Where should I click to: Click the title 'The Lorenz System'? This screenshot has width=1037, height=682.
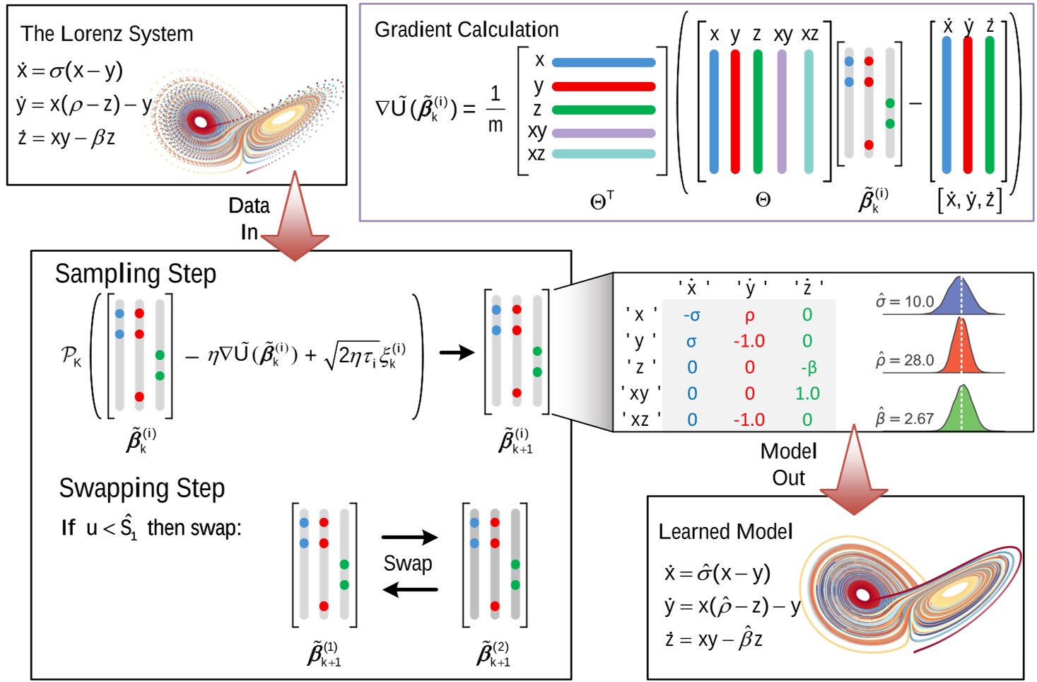[x=107, y=33]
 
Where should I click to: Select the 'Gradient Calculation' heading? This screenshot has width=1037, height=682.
[x=466, y=29]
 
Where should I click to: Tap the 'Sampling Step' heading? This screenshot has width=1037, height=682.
[x=135, y=274]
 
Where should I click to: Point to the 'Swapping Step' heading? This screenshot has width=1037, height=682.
[x=141, y=488]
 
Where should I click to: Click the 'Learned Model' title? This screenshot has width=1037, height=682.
[x=725, y=531]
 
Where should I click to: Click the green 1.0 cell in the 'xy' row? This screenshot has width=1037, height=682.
[x=807, y=393]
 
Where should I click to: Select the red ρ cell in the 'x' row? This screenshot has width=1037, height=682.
[x=749, y=316]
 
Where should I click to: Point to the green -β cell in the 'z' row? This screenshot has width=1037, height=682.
[x=808, y=367]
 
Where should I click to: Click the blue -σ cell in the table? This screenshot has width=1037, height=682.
[x=691, y=316]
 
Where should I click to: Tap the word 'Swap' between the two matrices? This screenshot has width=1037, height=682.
[x=408, y=563]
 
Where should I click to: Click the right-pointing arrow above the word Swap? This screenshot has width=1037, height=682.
[x=409, y=538]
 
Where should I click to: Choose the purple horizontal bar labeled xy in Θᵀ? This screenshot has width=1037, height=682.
[x=603, y=133]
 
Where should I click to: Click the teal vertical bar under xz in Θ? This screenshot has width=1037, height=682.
[x=808, y=112]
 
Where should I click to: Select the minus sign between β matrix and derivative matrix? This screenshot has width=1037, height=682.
[x=915, y=104]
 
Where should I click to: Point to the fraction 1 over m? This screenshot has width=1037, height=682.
[x=495, y=109]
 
